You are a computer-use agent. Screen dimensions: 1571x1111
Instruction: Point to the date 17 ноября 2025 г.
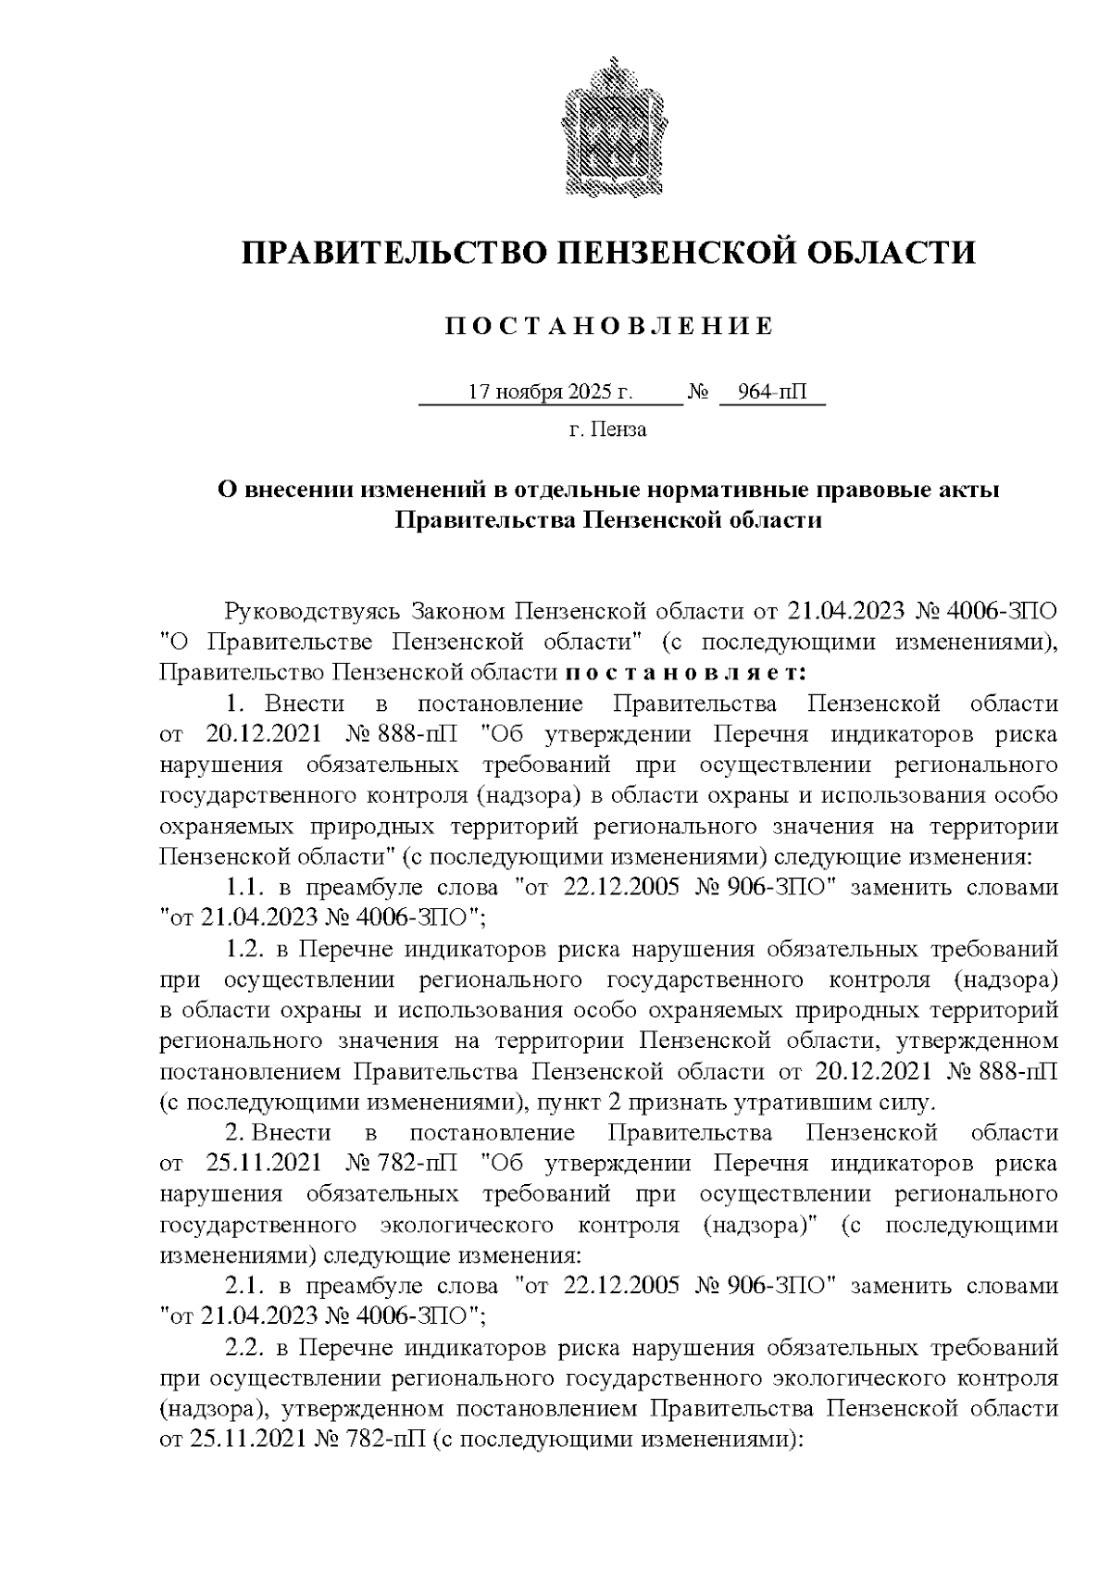(x=551, y=392)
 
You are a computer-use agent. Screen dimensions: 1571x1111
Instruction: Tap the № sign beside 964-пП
(x=697, y=393)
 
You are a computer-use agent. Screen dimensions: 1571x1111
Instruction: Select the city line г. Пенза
(x=607, y=430)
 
